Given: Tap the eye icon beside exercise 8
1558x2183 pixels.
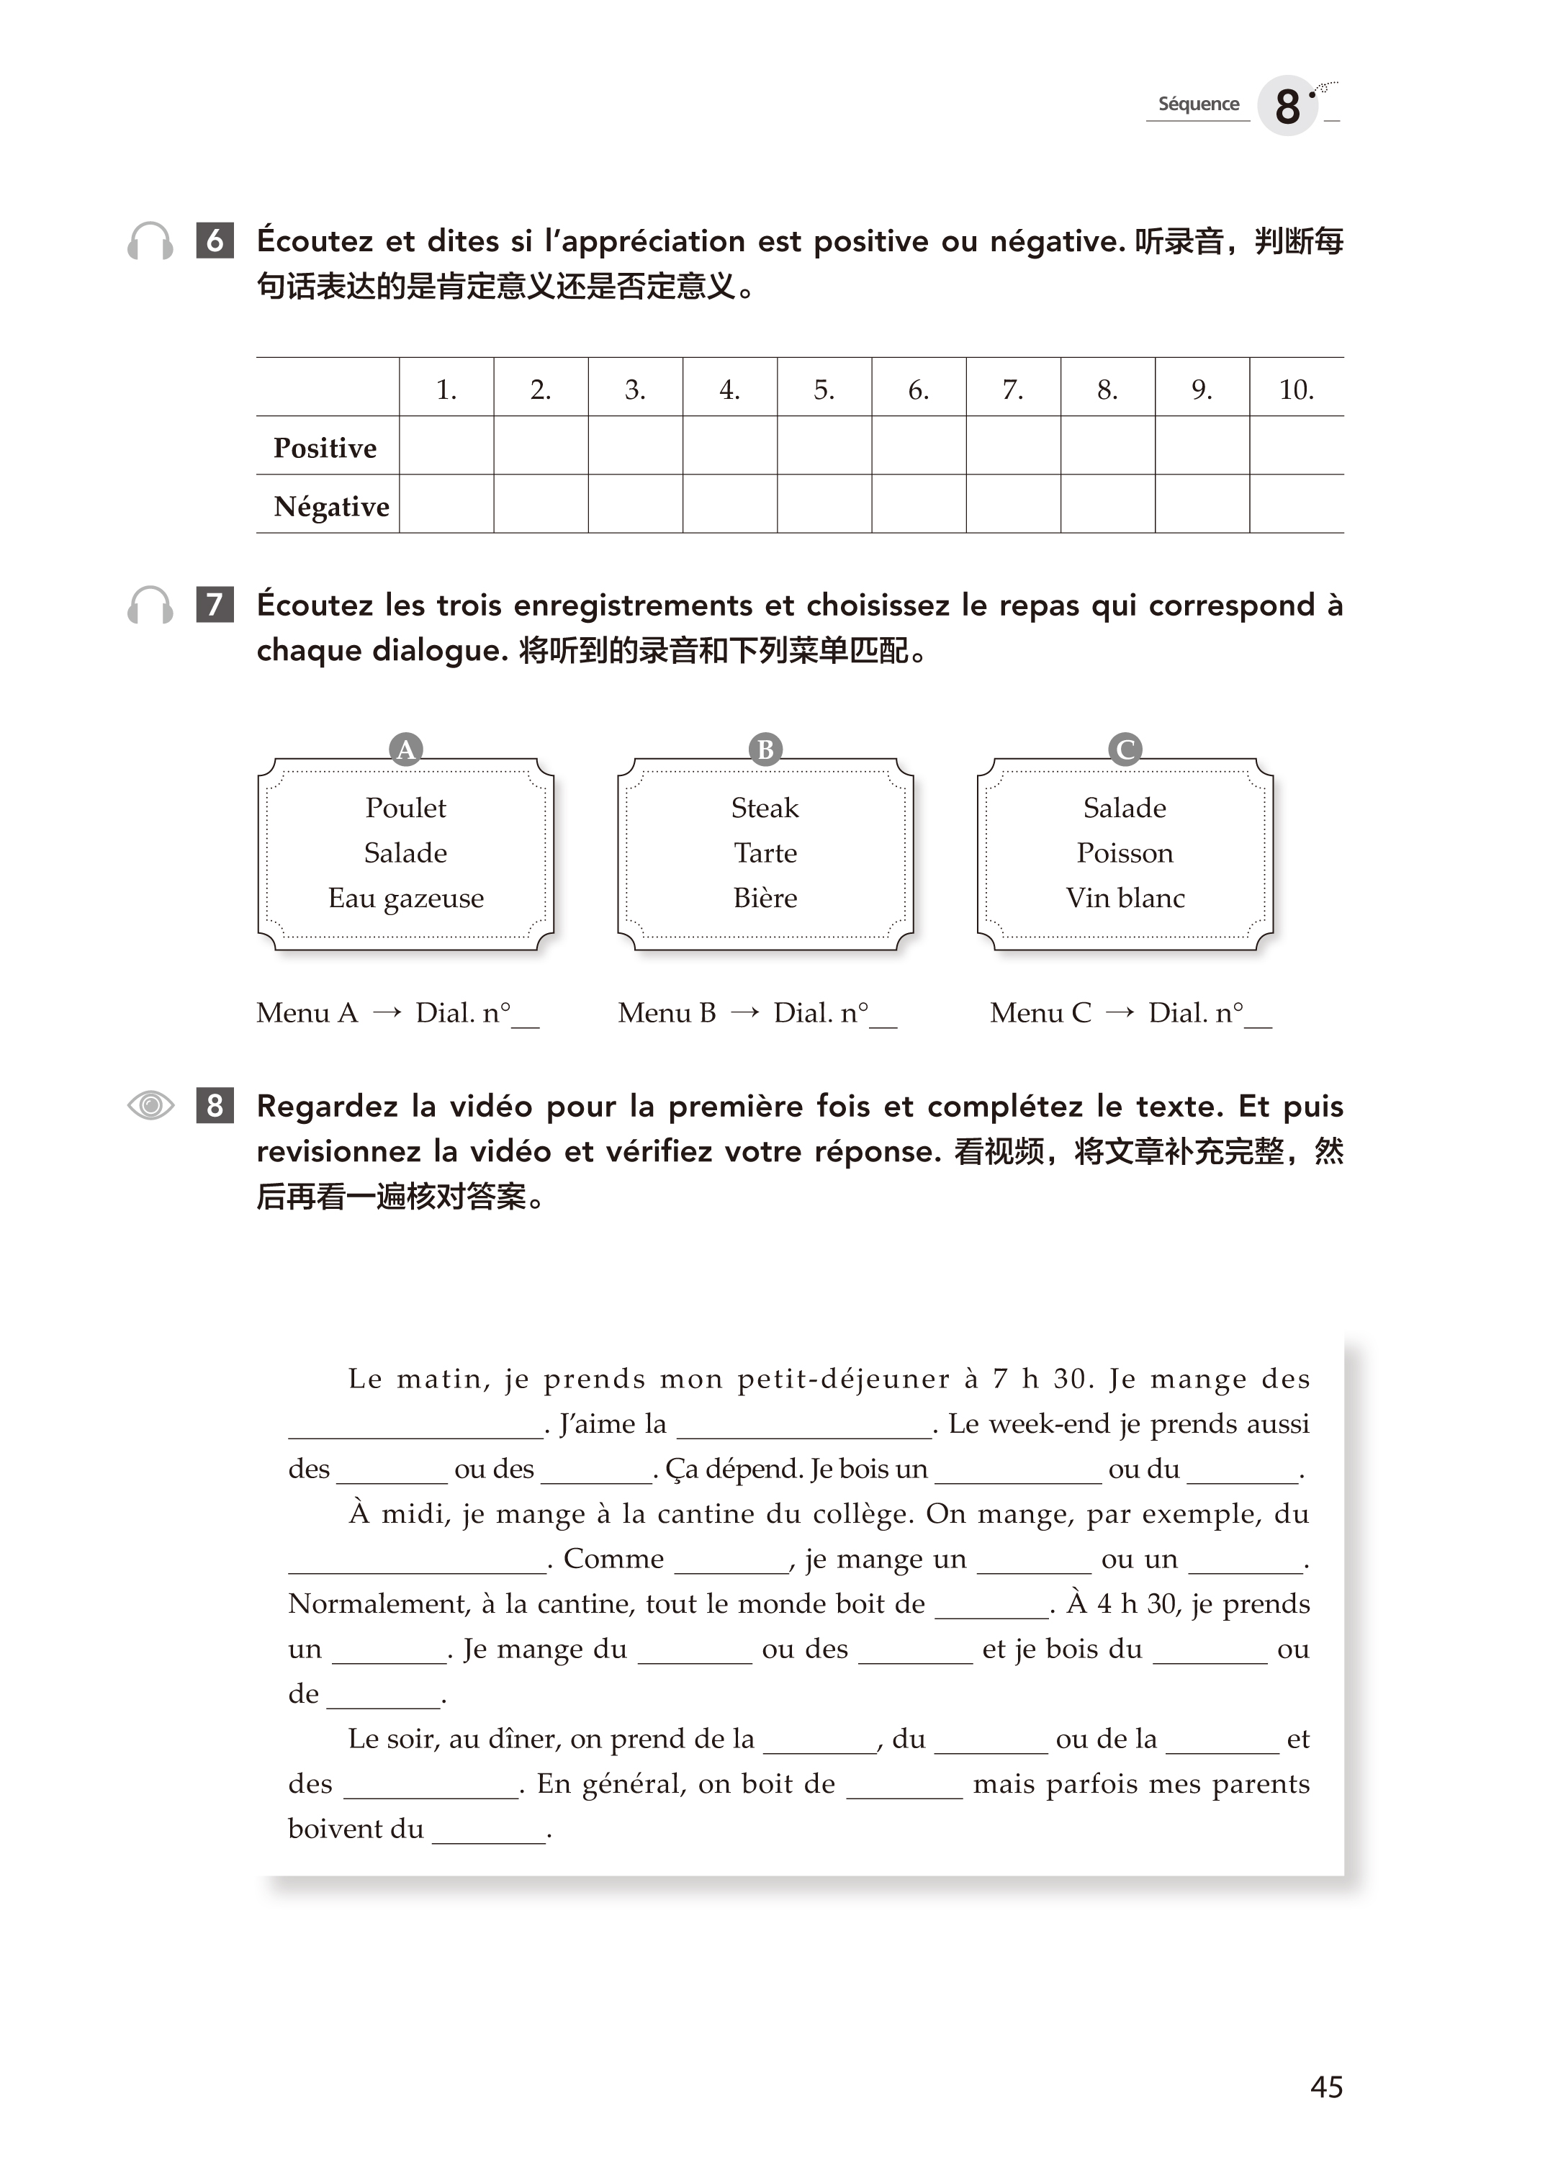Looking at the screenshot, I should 150,1105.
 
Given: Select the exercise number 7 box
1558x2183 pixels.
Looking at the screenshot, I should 215,604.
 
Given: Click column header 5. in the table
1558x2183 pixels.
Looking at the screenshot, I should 824,389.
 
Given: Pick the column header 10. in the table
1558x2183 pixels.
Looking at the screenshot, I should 1296,389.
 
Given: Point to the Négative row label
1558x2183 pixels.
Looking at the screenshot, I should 331,505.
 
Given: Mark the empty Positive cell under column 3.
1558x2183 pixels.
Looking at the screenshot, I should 635,445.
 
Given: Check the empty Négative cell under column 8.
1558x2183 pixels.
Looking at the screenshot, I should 1107,503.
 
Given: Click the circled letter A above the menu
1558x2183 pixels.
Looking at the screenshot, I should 406,749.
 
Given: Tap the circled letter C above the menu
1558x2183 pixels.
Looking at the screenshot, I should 1125,749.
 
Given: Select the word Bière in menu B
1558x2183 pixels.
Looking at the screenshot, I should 765,898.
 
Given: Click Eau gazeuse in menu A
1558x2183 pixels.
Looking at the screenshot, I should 406,898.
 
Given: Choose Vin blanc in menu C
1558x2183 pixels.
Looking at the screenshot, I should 1125,898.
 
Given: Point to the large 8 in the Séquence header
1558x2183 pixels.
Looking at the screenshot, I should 1287,106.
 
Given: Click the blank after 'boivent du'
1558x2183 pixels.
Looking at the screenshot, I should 490,1834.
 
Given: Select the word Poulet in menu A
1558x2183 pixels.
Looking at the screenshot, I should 406,808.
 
